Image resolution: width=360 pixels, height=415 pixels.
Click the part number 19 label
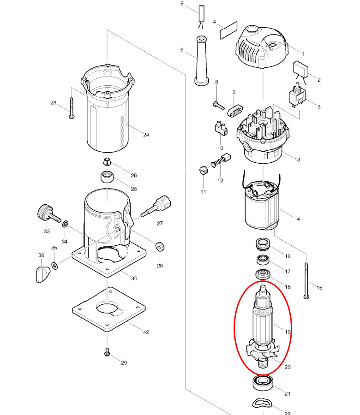pyautogui.click(x=288, y=332)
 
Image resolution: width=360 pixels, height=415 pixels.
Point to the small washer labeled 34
pyautogui.click(x=65, y=224)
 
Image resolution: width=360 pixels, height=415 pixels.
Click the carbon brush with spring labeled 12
pyautogui.click(x=222, y=161)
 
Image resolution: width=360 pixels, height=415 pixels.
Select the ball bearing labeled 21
pyautogui.click(x=263, y=382)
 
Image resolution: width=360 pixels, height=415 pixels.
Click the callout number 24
pyautogui.click(x=146, y=135)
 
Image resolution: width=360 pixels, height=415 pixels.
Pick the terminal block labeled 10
pyautogui.click(x=220, y=128)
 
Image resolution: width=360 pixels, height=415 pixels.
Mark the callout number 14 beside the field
pyautogui.click(x=297, y=219)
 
